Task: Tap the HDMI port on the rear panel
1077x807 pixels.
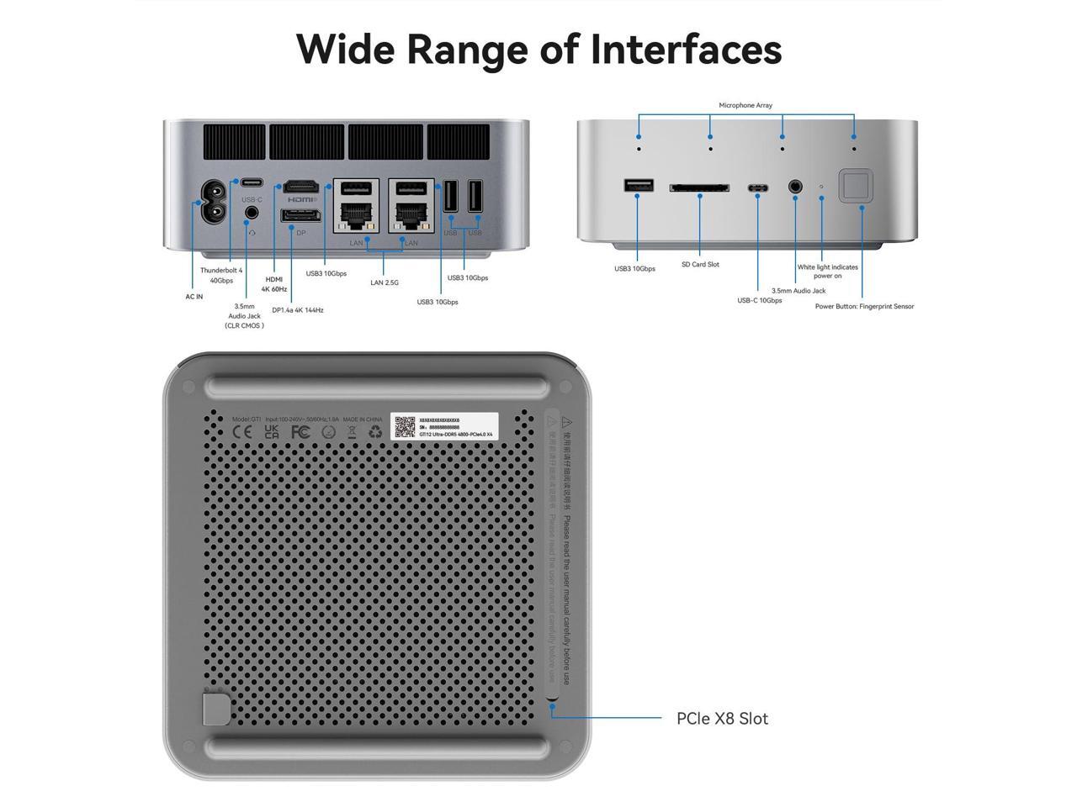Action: [x=300, y=186]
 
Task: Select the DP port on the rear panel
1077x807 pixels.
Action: [x=300, y=217]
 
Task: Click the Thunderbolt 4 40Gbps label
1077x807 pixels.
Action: [x=220, y=275]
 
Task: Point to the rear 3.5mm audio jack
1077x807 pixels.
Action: [x=251, y=213]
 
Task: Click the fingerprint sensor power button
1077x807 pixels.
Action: [x=856, y=186]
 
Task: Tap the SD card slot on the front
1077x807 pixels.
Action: [x=699, y=187]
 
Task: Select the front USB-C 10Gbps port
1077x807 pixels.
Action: [x=758, y=187]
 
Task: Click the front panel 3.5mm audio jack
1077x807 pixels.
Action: [x=795, y=187]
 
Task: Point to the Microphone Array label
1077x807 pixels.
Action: [x=745, y=105]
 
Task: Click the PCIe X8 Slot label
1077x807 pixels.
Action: [x=722, y=719]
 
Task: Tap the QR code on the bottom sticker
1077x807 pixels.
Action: [x=405, y=426]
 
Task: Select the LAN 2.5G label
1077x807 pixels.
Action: [x=385, y=282]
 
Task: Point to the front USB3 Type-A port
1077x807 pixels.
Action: [x=639, y=186]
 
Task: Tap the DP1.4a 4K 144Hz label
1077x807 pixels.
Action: [x=298, y=310]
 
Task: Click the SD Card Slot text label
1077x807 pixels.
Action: [x=700, y=265]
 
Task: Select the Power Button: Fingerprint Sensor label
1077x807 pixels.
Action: [x=864, y=307]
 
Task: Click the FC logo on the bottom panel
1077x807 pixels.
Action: [x=300, y=432]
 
